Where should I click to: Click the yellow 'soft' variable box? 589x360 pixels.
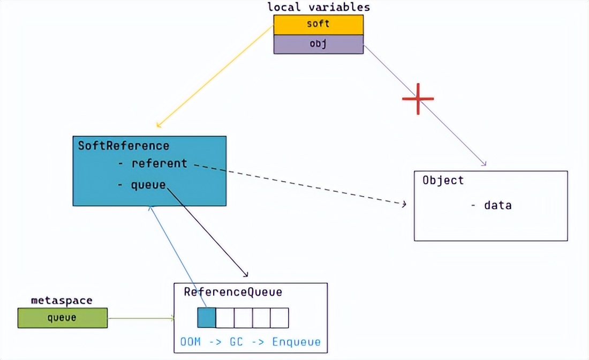click(318, 25)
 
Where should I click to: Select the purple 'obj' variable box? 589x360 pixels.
click(318, 44)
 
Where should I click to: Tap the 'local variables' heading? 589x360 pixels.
click(319, 7)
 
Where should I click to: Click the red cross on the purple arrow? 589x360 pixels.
click(418, 99)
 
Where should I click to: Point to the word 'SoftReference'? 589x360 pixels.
click(124, 146)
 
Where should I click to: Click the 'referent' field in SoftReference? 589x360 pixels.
click(159, 163)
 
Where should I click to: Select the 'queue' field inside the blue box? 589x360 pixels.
click(148, 185)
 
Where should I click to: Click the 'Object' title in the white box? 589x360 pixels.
click(443, 180)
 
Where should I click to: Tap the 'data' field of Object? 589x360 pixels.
click(497, 205)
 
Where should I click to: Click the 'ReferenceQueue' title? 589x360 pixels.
click(233, 292)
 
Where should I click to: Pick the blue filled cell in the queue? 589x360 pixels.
click(207, 318)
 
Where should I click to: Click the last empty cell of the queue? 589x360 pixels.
click(280, 318)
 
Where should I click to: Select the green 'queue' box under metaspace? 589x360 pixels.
click(62, 318)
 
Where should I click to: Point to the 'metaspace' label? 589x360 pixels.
click(61, 300)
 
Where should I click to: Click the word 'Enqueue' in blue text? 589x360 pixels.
click(296, 342)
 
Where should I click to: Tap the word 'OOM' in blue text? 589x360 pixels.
click(191, 342)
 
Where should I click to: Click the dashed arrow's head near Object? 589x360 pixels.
click(404, 204)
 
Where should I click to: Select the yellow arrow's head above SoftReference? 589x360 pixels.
click(158, 125)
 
